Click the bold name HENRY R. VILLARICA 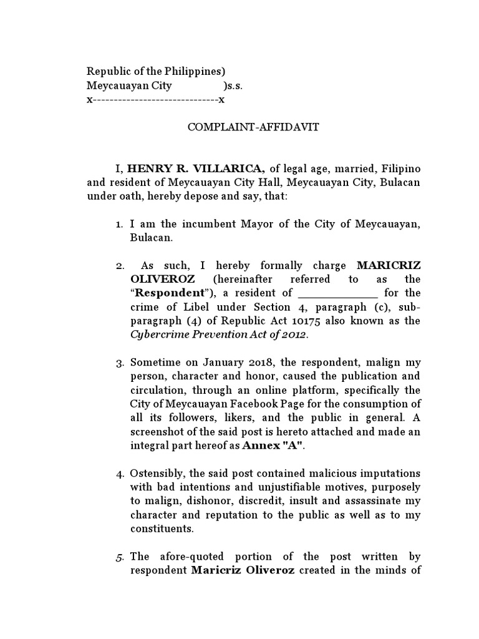point(198,168)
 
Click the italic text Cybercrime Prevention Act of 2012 point(219,334)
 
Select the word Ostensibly point(158,474)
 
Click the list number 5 point(120,557)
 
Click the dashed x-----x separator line point(155,99)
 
